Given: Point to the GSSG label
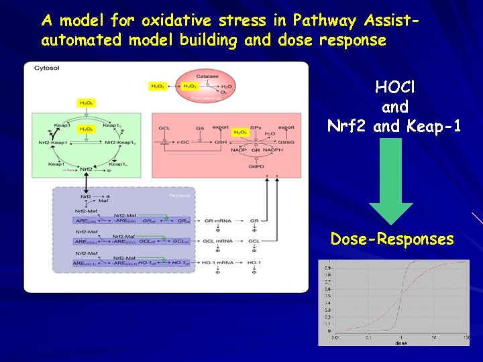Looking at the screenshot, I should (285, 142).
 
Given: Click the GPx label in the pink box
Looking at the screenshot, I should (256, 127).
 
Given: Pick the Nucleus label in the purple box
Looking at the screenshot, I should (180, 196).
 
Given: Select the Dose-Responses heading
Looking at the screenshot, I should (392, 239).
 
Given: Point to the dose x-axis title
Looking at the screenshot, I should (400, 343).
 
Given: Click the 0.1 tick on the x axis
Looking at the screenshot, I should (368, 337).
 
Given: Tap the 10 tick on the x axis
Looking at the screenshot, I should (435, 337).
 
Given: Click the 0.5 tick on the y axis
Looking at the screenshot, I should (327, 296).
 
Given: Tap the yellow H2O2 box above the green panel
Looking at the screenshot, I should (86, 103).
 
